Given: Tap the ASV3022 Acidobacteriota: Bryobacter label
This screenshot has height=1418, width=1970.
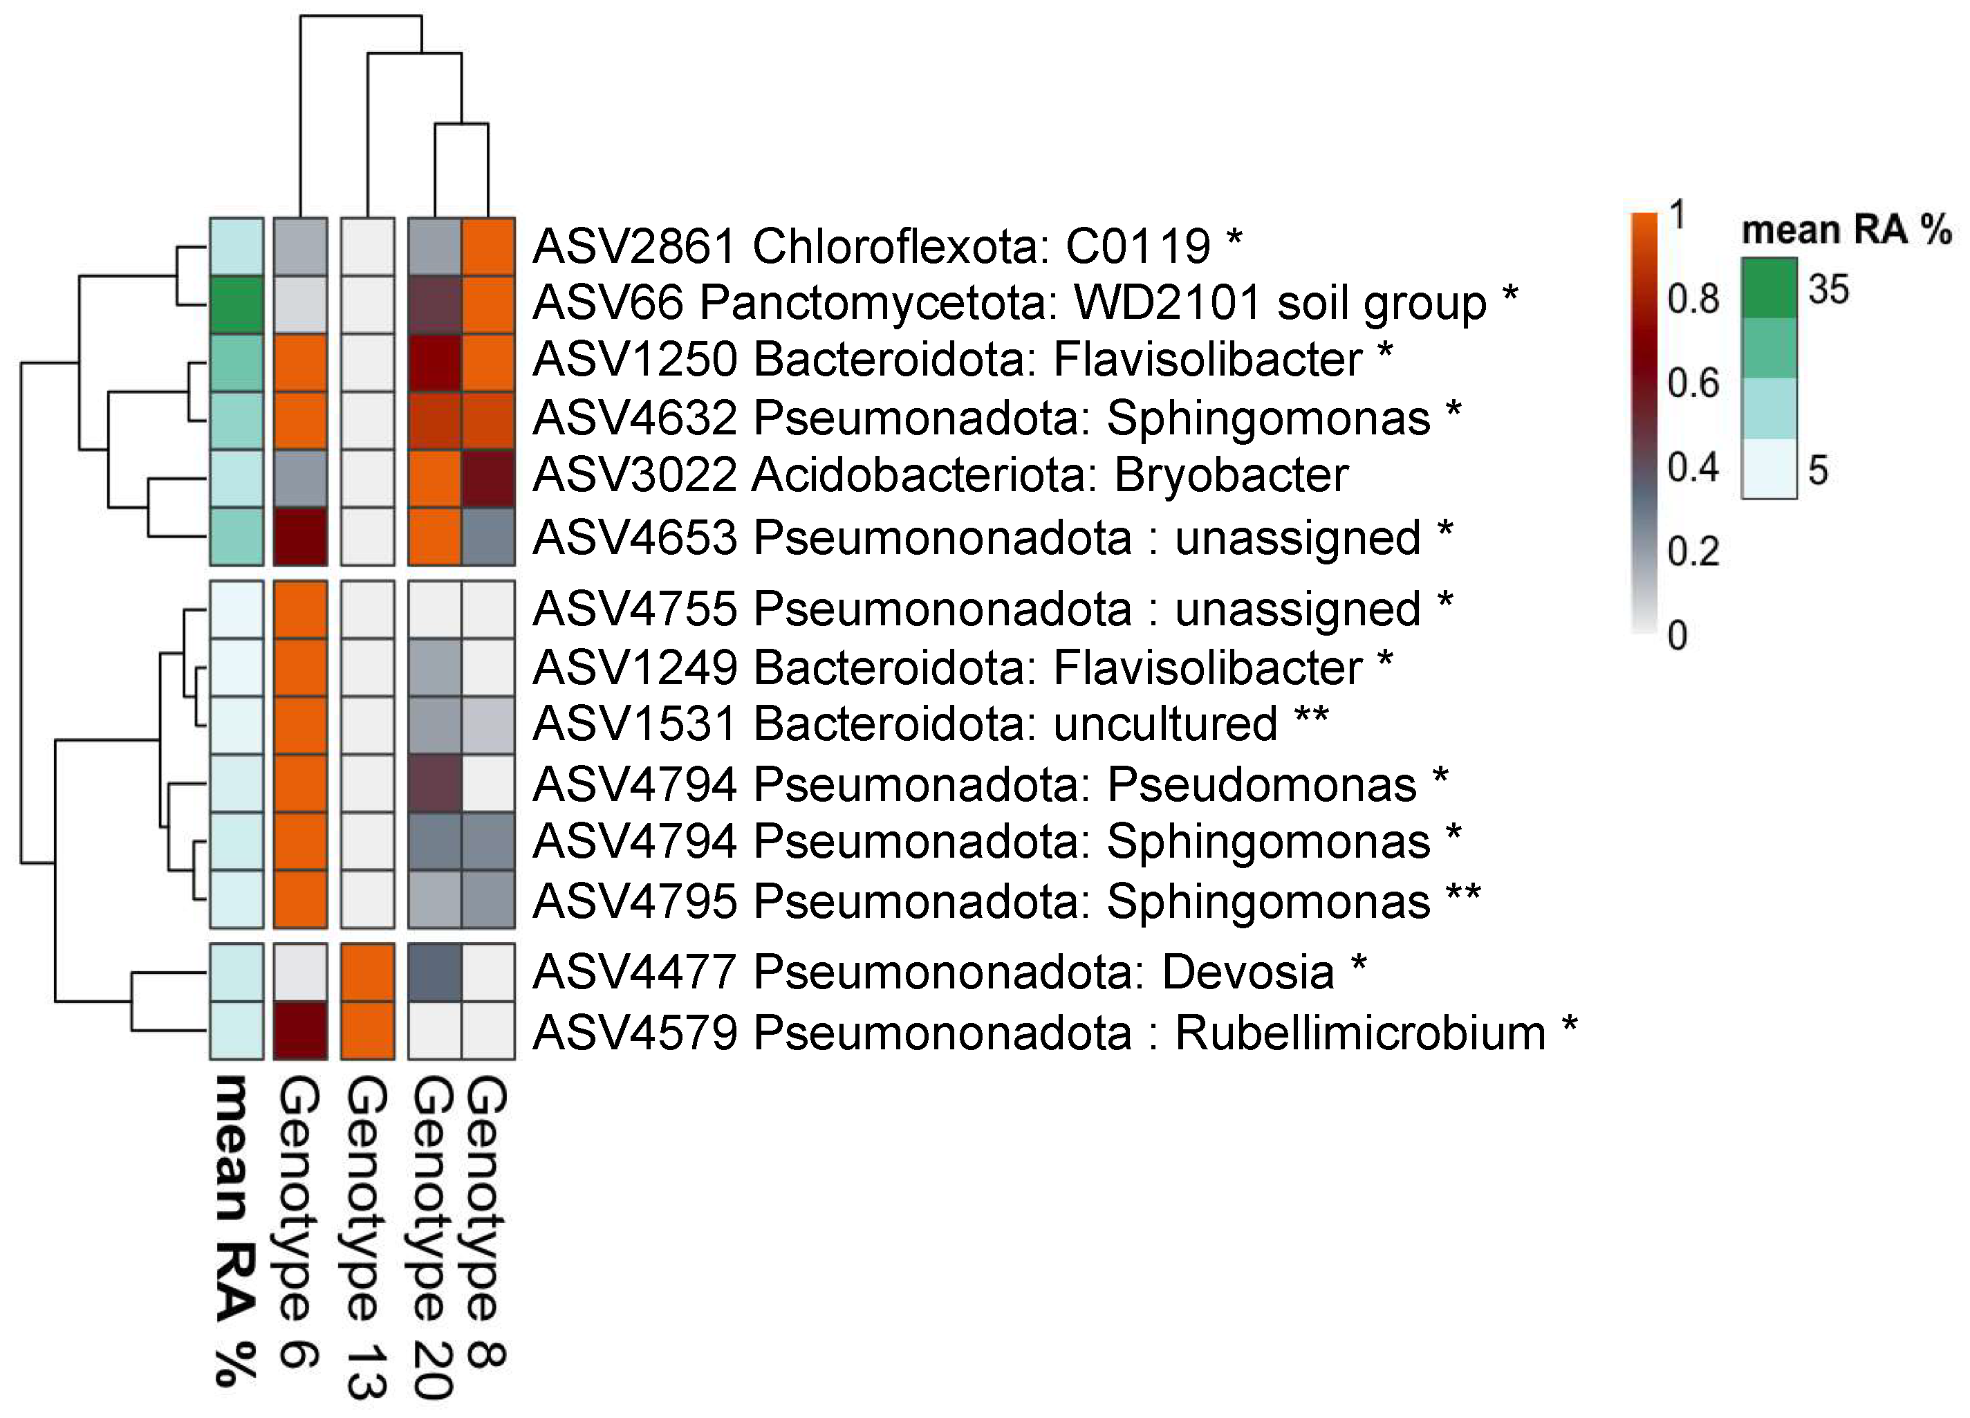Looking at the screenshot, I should point(940,475).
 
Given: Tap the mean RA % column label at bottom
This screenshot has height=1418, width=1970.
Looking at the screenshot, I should point(234,1228).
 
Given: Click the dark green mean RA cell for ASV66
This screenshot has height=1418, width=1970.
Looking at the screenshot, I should point(236,305).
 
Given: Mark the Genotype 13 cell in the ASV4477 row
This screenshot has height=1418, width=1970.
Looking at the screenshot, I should point(367,973).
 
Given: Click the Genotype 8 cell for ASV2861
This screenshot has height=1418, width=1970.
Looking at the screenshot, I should point(488,247).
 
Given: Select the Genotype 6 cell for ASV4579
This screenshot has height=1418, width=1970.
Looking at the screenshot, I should point(301,1031).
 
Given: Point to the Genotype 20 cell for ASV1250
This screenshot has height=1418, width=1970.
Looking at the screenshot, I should point(434,363).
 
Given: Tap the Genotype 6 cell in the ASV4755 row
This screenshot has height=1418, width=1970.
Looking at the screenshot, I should point(301,609).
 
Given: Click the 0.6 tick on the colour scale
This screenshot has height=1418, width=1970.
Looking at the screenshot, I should point(1693,383).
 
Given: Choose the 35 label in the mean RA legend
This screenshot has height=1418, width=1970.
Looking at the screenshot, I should point(1828,288).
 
